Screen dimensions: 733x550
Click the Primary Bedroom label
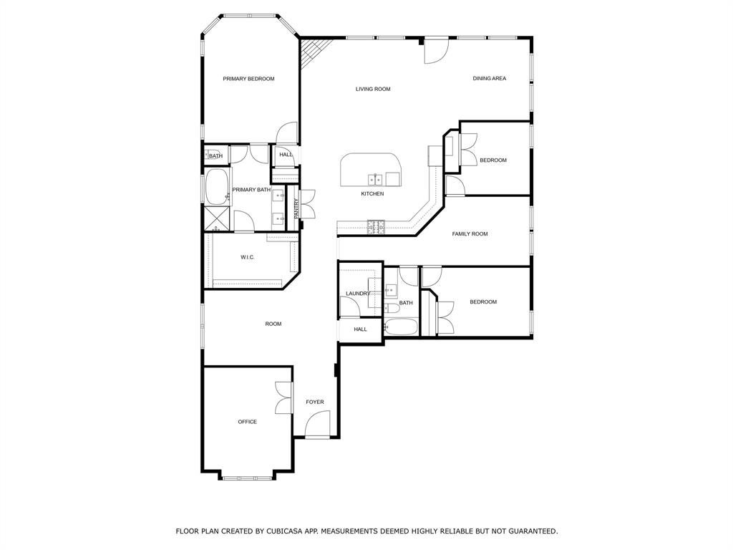point(248,79)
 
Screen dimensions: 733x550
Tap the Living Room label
point(372,89)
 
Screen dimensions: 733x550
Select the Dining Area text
point(489,78)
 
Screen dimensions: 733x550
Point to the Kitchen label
point(372,193)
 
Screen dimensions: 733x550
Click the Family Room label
point(470,233)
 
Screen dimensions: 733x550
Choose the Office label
point(247,421)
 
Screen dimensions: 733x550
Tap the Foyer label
point(315,402)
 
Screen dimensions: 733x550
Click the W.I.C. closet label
point(247,257)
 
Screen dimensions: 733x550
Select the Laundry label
point(358,293)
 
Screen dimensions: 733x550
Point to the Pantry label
point(296,208)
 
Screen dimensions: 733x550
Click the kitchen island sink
point(375,178)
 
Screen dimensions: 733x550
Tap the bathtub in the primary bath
point(216,187)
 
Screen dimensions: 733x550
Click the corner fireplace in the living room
point(314,51)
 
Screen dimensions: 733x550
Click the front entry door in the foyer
point(317,424)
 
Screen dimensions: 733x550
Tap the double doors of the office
point(283,397)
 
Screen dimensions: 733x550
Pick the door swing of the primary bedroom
point(286,132)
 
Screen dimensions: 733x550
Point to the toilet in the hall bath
point(392,308)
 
